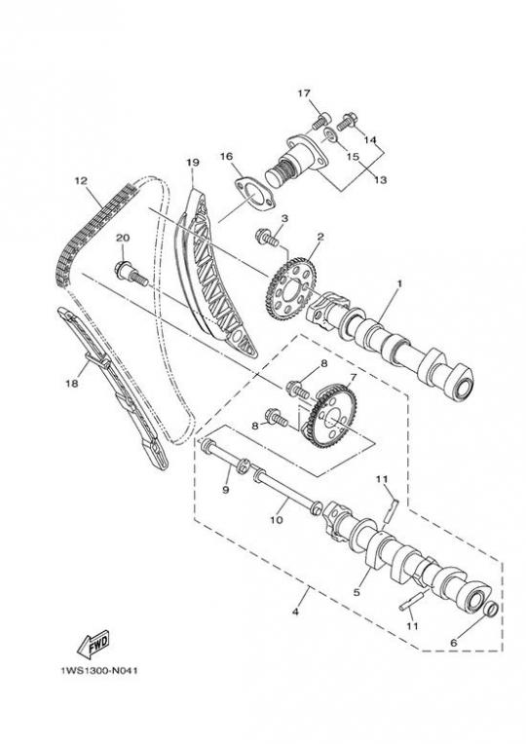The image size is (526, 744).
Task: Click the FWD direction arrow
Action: [x=94, y=644]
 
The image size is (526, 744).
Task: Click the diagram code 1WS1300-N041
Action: [x=99, y=671]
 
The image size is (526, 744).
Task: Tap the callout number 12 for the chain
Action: [x=82, y=181]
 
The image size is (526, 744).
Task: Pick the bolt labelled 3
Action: [x=266, y=237]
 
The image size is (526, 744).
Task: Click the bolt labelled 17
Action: [x=321, y=120]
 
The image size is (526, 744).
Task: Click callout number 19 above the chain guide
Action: [x=192, y=162]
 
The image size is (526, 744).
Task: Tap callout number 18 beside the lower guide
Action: [x=72, y=384]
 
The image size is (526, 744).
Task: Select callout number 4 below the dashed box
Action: [x=295, y=612]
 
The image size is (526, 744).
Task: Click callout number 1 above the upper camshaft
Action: [x=399, y=283]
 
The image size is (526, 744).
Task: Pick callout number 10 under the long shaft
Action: [x=277, y=520]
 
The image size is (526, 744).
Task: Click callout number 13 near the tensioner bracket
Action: [x=380, y=179]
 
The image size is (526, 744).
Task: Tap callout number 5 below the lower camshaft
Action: [x=357, y=592]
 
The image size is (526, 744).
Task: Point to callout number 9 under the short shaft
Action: [x=226, y=489]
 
